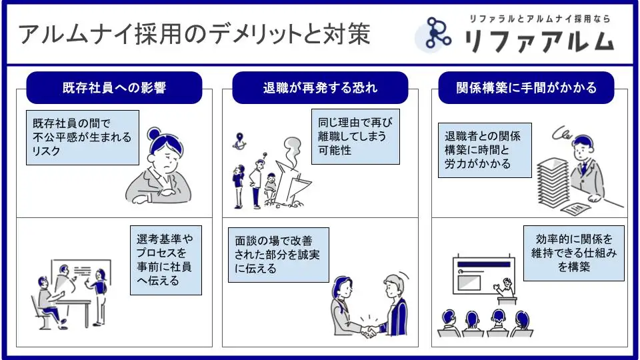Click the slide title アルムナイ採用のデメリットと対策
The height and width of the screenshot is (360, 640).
194,35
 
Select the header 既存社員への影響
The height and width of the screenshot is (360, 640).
114,88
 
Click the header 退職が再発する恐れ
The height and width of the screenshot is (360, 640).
320,88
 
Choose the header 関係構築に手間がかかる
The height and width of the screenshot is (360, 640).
526,88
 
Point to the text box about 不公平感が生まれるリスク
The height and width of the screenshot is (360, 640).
83,138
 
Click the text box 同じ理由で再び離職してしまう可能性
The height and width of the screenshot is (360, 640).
356,137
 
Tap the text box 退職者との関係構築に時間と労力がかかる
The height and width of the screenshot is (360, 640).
485,150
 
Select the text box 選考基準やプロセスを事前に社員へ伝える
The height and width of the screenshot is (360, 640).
165,259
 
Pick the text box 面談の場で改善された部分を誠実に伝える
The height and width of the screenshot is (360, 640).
278,254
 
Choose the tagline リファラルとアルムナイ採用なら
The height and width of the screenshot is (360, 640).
539,19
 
